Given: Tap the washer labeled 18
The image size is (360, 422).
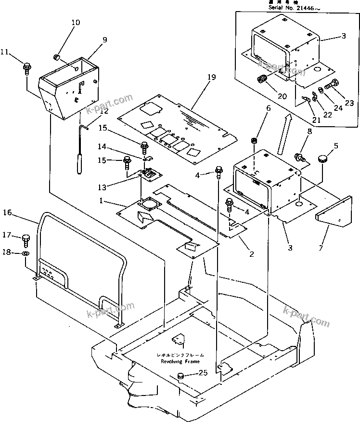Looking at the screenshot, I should tap(26, 253).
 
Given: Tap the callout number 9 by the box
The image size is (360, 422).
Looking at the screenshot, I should tap(104, 40).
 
